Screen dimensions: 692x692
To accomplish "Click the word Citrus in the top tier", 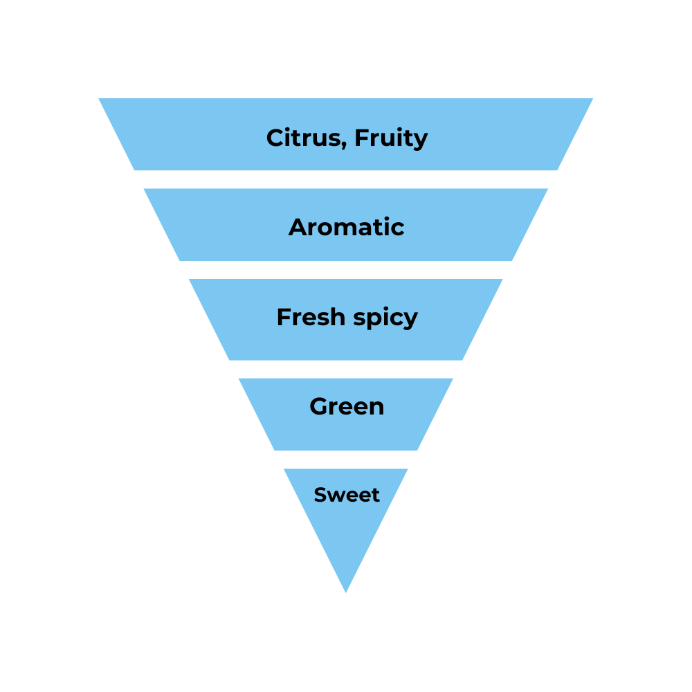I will coord(302,138).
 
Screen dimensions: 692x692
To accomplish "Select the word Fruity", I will coord(391,138).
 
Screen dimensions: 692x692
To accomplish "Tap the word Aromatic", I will coord(346,227).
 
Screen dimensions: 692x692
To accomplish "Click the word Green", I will coord(346,406).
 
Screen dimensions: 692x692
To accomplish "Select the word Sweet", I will coord(346,495).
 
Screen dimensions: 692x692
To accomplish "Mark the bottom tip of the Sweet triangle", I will coord(346,592).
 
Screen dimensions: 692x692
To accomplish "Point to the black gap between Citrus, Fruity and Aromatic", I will coord(346,179).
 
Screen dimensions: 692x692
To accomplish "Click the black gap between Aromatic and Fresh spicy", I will coord(346,270).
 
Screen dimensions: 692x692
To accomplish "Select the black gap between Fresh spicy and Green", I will coord(346,369).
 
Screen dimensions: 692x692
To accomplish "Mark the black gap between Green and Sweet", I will coord(346,459).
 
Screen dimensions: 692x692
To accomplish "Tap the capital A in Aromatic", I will coord(298,227).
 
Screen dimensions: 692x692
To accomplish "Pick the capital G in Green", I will coord(319,406).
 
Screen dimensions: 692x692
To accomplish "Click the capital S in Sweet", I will coord(320,495).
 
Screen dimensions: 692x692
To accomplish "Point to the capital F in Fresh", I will coord(283,317).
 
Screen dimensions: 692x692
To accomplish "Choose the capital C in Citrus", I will coord(276,138).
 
